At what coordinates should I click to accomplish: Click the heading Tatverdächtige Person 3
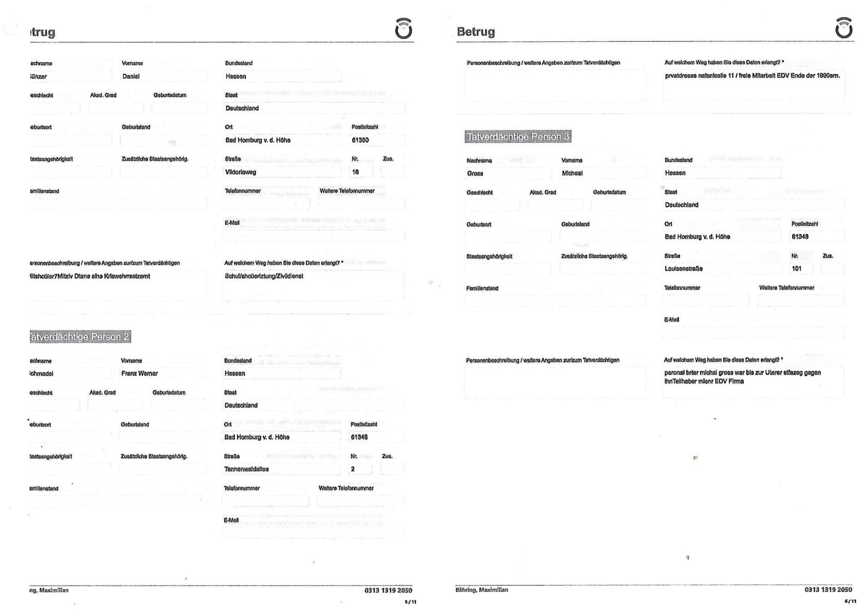pos(518,137)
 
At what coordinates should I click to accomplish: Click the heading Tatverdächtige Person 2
pos(80,337)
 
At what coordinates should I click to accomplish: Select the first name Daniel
pos(131,77)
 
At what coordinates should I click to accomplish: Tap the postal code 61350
pos(360,140)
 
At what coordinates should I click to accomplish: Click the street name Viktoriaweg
pos(240,173)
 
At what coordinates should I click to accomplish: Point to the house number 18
pos(355,173)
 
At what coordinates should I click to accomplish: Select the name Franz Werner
pos(139,374)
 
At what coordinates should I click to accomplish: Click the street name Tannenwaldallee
pos(246,469)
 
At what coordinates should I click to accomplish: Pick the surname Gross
pos(475,174)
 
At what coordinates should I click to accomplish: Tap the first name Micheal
pos(572,174)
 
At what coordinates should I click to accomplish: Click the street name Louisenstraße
pos(683,269)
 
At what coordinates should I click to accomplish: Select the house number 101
pos(797,269)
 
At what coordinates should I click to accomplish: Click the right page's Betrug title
pos(475,32)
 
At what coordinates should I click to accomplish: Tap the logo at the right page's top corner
pos(844,29)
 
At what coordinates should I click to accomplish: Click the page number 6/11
pos(850,602)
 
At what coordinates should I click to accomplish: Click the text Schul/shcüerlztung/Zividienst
pos(264,276)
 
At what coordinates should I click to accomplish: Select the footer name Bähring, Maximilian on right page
pos(482,590)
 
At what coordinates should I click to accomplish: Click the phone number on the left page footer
pos(388,591)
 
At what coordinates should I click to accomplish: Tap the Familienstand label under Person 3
pos(482,288)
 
